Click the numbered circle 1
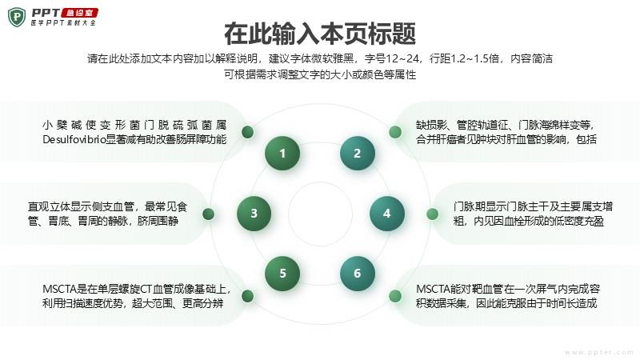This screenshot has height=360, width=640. [282, 153]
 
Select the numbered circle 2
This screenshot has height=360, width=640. [357, 153]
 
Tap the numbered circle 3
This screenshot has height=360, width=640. [254, 213]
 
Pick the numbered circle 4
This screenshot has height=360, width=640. [387, 213]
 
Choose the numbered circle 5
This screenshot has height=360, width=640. [282, 273]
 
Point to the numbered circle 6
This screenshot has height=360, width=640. [357, 273]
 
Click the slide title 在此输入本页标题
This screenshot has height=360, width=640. [320, 34]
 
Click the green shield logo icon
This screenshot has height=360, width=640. [17, 17]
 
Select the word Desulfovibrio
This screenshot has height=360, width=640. [74, 139]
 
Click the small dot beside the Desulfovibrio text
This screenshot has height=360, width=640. [248, 132]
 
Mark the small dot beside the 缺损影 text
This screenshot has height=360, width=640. [394, 132]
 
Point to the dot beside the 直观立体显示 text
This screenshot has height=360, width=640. [208, 214]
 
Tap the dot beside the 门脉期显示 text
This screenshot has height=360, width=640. [432, 214]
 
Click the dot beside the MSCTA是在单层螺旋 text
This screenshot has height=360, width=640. [248, 296]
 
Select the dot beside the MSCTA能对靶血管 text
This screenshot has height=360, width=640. [394, 296]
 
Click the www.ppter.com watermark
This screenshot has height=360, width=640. [598, 352]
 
